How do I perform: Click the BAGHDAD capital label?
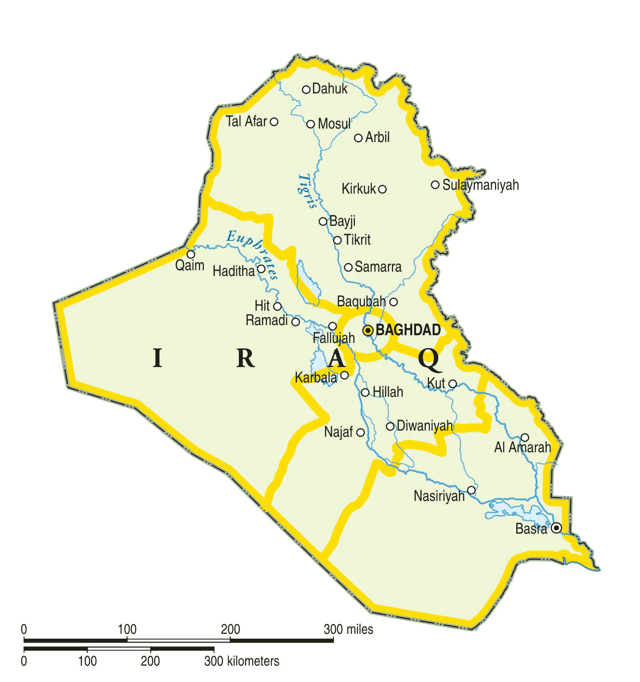coord(408,330)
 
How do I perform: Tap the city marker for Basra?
coord(556,528)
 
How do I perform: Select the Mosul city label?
coord(334,124)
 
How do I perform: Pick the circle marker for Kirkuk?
coord(382,189)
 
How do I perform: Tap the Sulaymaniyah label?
coord(480,185)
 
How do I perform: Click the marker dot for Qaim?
coord(191,254)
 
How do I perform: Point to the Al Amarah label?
coord(522,447)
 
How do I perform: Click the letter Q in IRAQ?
coord(430,359)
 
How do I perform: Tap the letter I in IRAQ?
coord(157,358)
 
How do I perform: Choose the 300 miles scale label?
coord(348,629)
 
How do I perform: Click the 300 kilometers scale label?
coord(241,661)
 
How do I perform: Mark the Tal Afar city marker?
coord(274,122)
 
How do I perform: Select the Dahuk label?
coord(330,89)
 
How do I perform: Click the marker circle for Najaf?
coord(360,433)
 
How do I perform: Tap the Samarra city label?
coord(378,267)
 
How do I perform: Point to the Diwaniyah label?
coord(425,426)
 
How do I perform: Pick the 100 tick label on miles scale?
coord(127,629)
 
